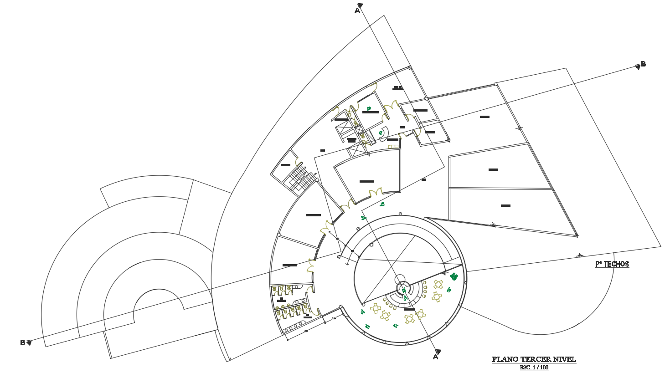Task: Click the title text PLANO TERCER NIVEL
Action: [534, 359]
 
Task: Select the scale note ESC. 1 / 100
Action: [534, 368]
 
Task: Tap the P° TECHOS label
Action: [612, 264]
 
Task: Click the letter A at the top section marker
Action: [357, 10]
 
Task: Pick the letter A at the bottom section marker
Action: [435, 357]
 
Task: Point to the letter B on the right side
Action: [643, 64]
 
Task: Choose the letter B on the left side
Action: [22, 342]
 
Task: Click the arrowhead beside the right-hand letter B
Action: [638, 67]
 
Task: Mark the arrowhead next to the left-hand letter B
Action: [29, 342]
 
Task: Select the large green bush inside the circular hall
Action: [454, 276]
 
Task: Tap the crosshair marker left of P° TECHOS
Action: [579, 255]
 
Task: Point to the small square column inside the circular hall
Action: [371, 245]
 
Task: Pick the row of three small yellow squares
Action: [393, 146]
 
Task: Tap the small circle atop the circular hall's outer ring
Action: [400, 214]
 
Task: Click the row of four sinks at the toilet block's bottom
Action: [292, 327]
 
